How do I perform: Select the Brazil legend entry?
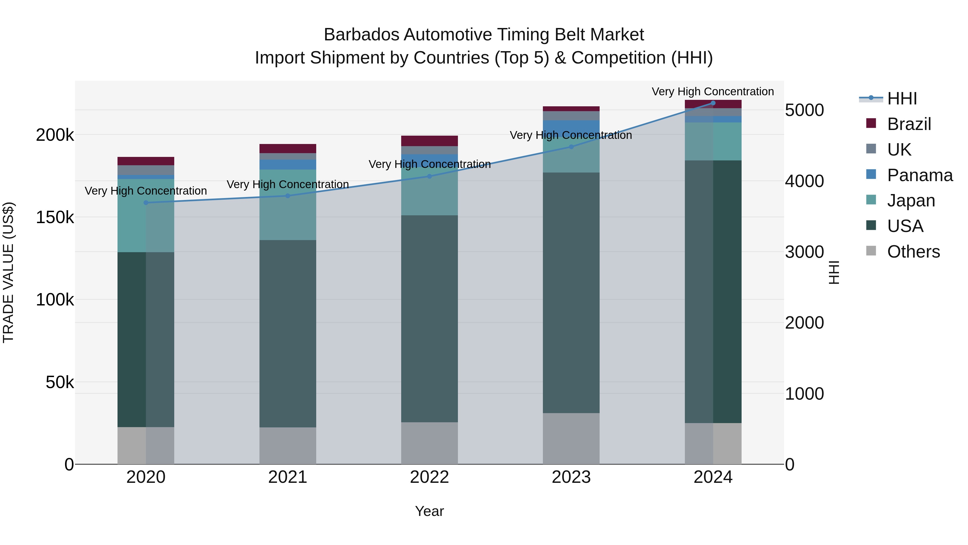point(909,124)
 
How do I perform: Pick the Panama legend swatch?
point(871,174)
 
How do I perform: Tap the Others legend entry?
point(913,252)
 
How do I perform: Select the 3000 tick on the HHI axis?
point(804,252)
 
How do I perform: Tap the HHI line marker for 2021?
point(288,196)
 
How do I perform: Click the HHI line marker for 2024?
point(713,103)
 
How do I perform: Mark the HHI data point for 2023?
point(571,147)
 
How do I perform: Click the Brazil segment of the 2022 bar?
point(429,141)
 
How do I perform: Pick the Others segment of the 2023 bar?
point(571,439)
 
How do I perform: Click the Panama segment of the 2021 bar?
point(288,165)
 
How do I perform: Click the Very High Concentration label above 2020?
point(146,191)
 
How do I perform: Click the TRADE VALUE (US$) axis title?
point(8,272)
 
